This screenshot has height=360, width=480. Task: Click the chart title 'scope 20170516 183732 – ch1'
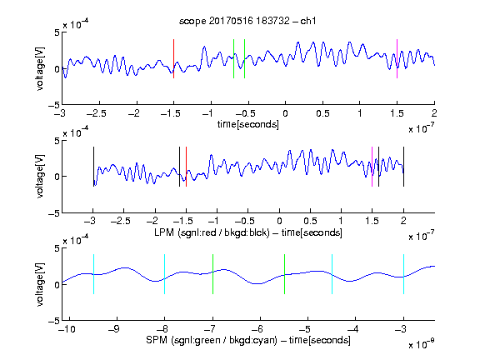pos(247,21)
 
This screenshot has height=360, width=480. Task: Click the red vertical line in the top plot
pos(173,59)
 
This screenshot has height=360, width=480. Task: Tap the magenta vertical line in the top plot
pos(397,59)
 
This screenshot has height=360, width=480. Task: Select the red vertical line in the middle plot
pos(186,167)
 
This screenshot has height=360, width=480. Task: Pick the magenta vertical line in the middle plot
pos(372,167)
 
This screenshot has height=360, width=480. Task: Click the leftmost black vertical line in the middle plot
pos(93,167)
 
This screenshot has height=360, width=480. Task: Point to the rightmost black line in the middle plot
pos(403,167)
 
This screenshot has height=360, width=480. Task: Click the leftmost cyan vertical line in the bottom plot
pos(93,274)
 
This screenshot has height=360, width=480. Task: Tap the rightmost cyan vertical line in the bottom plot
pos(403,274)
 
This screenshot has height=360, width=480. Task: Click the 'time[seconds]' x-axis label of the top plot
pos(248,125)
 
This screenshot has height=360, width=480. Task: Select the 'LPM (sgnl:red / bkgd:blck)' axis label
pos(212,232)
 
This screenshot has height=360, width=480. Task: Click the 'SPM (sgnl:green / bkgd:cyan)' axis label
pos(212,340)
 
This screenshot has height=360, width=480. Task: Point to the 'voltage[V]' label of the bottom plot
pos(40,284)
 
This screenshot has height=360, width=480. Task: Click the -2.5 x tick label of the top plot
pos(96,114)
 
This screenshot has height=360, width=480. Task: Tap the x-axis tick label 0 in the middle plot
pos(279,221)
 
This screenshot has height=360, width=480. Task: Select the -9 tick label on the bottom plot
pos(114,329)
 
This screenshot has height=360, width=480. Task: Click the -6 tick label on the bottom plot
pos(257,329)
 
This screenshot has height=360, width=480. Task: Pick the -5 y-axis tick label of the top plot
pos(53,105)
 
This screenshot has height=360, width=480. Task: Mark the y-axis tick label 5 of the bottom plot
pos(57,248)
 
